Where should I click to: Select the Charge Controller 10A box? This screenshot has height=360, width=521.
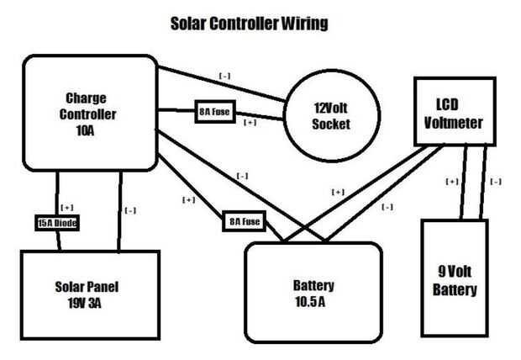point(89,112)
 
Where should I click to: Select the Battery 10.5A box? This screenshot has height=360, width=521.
point(312,291)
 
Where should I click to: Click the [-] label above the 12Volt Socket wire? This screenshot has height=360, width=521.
point(225,76)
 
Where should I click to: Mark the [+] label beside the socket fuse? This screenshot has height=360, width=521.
point(250,123)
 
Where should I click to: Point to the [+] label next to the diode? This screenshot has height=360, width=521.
point(67,206)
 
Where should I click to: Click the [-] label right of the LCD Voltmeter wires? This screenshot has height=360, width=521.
point(496,181)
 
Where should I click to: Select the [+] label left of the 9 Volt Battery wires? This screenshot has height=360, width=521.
point(452,181)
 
